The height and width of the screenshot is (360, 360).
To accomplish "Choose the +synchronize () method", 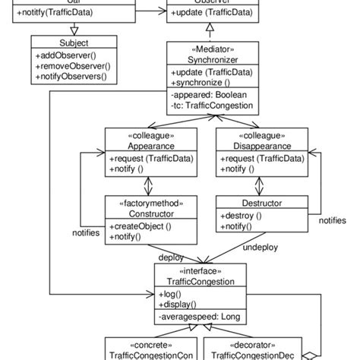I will [201, 81].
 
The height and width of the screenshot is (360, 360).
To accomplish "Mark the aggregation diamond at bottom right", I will [308, 355].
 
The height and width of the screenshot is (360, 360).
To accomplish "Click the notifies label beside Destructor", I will [333, 220].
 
